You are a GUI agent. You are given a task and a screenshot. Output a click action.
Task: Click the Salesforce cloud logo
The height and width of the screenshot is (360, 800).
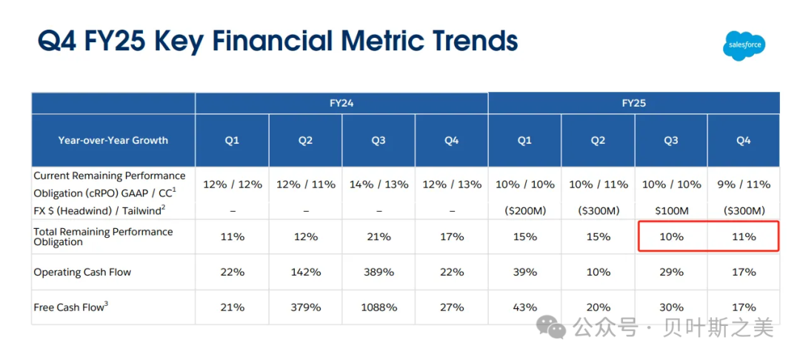click(744, 45)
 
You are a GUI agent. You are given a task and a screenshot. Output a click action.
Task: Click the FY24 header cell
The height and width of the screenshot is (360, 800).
click(341, 104)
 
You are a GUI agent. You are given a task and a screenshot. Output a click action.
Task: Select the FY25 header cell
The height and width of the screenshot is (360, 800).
click(633, 104)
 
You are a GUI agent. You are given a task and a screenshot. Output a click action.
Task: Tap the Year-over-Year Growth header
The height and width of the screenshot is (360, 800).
click(113, 140)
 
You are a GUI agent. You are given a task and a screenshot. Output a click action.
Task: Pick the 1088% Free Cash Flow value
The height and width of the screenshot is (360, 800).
click(378, 307)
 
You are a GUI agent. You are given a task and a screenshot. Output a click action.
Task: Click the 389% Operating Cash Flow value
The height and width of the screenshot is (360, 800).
click(378, 273)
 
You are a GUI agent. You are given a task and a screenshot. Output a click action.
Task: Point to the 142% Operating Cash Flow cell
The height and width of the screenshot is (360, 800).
click(305, 273)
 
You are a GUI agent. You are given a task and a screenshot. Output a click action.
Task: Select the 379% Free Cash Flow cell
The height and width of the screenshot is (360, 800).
click(305, 307)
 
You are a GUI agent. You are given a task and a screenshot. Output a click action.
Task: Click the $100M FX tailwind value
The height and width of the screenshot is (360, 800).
click(671, 211)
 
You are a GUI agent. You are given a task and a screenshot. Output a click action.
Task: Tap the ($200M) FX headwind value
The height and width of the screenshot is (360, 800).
click(525, 211)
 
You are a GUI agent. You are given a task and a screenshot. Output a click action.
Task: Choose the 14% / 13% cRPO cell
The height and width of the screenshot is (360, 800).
click(378, 184)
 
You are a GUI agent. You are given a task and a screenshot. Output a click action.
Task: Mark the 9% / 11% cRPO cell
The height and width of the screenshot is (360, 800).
click(744, 184)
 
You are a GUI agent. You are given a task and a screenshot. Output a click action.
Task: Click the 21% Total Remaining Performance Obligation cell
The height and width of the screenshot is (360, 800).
click(378, 236)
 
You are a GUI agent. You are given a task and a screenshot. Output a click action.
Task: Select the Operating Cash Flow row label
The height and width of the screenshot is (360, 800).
click(82, 273)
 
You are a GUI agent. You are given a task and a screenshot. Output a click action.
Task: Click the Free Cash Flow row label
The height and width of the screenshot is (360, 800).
click(71, 307)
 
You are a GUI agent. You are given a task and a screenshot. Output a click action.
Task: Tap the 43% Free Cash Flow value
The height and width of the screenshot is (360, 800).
click(525, 307)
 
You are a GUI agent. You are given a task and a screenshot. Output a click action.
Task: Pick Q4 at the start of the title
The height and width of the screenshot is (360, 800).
click(56, 41)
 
